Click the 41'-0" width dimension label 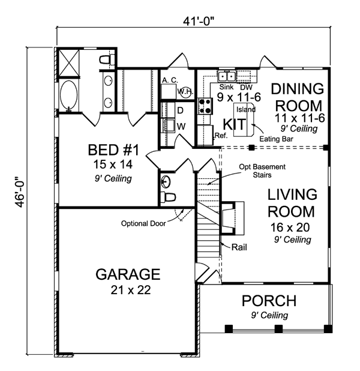click(199, 22)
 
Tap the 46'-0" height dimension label click(20, 192)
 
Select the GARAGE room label click(128, 274)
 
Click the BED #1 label click(113, 150)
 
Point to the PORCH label click(269, 301)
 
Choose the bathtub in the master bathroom click(68, 95)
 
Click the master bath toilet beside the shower click(107, 59)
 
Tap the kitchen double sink click(227, 76)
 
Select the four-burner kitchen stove click(205, 106)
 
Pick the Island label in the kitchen click(246, 109)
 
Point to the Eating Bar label click(276, 139)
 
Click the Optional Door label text click(143, 223)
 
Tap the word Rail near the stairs click(239, 247)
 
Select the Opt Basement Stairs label click(262, 171)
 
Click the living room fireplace click(232, 218)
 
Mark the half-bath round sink click(166, 182)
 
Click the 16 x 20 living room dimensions click(290, 228)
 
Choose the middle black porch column click(278, 328)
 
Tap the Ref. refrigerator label click(221, 136)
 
